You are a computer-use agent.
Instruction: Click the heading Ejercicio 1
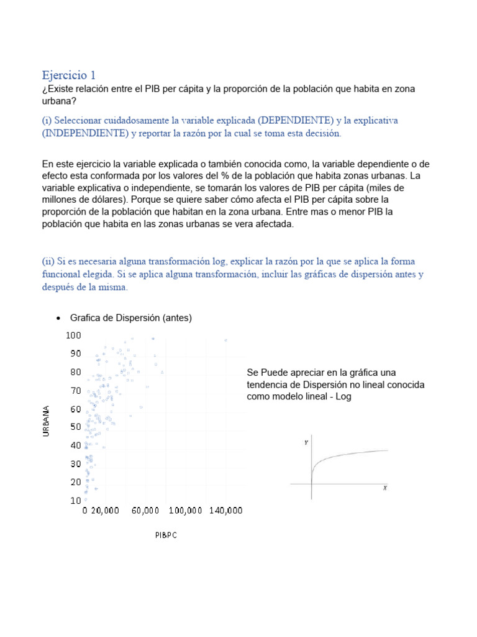(69, 75)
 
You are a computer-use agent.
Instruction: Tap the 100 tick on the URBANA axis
(73, 335)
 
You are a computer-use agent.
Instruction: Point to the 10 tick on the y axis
(76, 500)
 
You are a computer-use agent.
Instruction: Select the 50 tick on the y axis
(76, 427)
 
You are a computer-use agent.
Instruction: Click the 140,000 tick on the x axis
(225, 511)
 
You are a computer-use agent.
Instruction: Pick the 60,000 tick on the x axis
(145, 511)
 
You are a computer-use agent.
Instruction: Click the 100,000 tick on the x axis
(185, 511)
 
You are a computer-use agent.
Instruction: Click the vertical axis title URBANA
(46, 421)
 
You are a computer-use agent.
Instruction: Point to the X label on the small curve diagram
(385, 488)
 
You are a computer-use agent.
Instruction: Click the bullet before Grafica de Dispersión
(58, 318)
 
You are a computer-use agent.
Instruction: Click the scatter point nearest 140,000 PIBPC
(225, 340)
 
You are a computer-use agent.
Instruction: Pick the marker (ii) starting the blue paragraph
(47, 261)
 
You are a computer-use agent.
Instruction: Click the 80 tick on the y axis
(76, 372)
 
